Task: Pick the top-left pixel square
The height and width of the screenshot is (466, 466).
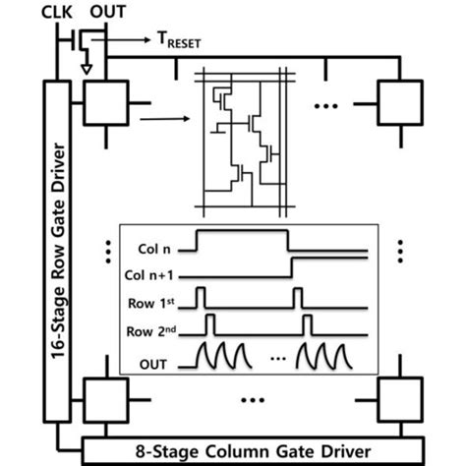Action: pyautogui.click(x=102, y=101)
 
